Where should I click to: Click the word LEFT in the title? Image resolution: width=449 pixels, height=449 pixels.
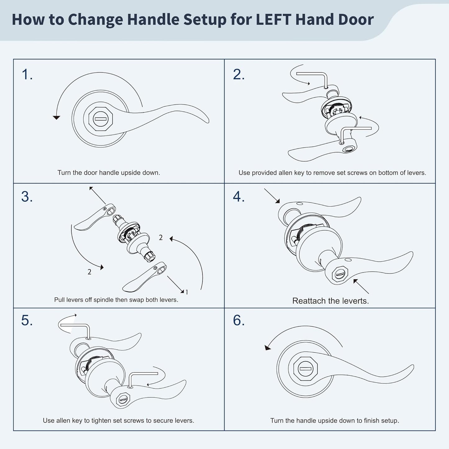pyautogui.click(x=273, y=19)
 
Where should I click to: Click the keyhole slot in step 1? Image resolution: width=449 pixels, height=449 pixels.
pyautogui.click(x=101, y=119)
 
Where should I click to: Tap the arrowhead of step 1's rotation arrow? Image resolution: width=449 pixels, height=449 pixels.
pyautogui.click(x=56, y=118)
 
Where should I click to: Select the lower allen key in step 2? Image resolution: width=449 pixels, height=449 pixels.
pyautogui.click(x=356, y=135)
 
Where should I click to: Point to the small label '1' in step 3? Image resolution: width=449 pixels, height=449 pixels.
pyautogui.click(x=187, y=292)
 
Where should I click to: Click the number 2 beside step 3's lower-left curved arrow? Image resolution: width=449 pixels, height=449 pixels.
pyautogui.click(x=89, y=272)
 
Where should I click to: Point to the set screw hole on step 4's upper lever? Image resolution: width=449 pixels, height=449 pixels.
pyautogui.click(x=300, y=204)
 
